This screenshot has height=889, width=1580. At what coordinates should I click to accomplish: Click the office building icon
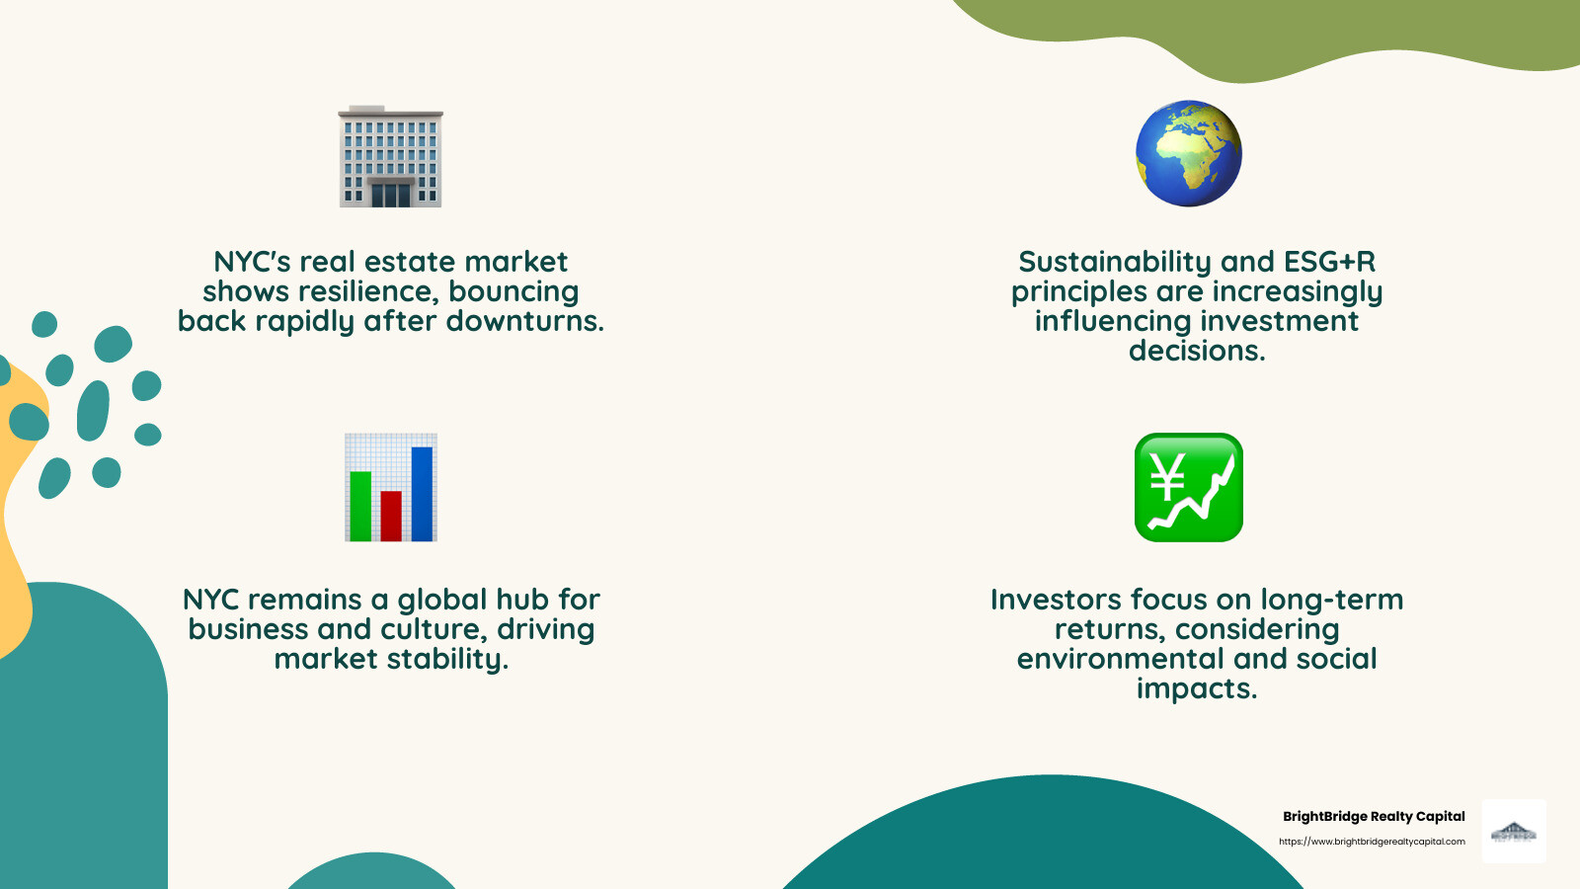click(x=390, y=156)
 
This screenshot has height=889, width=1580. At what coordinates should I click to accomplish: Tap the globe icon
click(x=1188, y=153)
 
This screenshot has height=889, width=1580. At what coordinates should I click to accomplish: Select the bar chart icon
click(x=390, y=487)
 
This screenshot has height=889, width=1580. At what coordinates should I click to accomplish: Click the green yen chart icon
click(x=1188, y=487)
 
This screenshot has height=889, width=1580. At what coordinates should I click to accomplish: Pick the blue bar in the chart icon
click(x=422, y=494)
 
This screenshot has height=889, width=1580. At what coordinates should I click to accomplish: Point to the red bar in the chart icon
click(x=391, y=516)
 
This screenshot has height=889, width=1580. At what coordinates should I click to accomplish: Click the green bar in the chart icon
click(x=360, y=506)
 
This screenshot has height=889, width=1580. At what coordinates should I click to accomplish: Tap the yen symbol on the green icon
click(x=1168, y=477)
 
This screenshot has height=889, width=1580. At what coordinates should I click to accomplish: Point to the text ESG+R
click(x=1329, y=262)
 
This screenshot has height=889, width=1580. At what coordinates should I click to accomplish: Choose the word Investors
click(x=1056, y=600)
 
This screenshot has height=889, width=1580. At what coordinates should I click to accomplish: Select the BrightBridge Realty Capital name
click(x=1374, y=816)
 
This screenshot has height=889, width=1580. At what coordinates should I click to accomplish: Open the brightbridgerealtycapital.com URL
click(x=1372, y=842)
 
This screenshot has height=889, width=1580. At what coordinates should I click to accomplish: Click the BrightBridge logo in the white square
click(x=1514, y=832)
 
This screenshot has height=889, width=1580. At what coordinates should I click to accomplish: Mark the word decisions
click(x=1197, y=351)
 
